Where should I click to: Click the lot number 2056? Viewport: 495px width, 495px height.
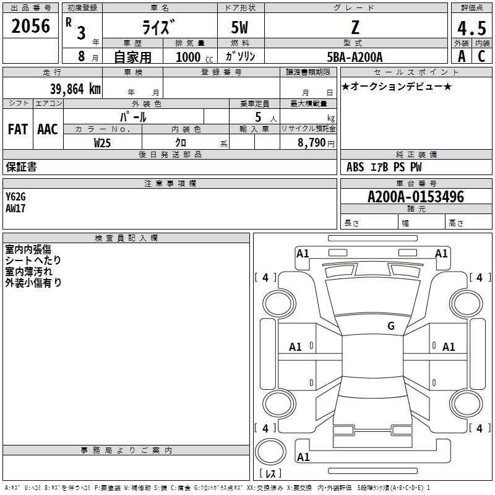(x=31, y=27)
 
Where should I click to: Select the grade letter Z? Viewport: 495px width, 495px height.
(x=355, y=28)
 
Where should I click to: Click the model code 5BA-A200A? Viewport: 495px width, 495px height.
(x=355, y=57)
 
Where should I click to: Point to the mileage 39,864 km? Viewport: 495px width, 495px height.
(x=75, y=88)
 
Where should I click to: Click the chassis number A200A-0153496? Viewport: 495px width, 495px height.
(x=416, y=197)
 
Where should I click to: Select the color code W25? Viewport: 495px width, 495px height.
(x=103, y=142)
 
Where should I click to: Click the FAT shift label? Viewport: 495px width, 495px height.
(x=17, y=129)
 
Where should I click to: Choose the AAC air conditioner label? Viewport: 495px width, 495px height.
(x=47, y=129)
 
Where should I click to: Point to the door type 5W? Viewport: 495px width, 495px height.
(x=241, y=28)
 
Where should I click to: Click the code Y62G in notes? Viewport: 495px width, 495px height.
(x=16, y=197)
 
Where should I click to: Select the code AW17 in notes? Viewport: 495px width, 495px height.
(x=16, y=209)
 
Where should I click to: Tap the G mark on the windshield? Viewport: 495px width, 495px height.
(x=390, y=326)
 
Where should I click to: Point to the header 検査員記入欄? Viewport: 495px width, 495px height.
(x=126, y=238)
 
